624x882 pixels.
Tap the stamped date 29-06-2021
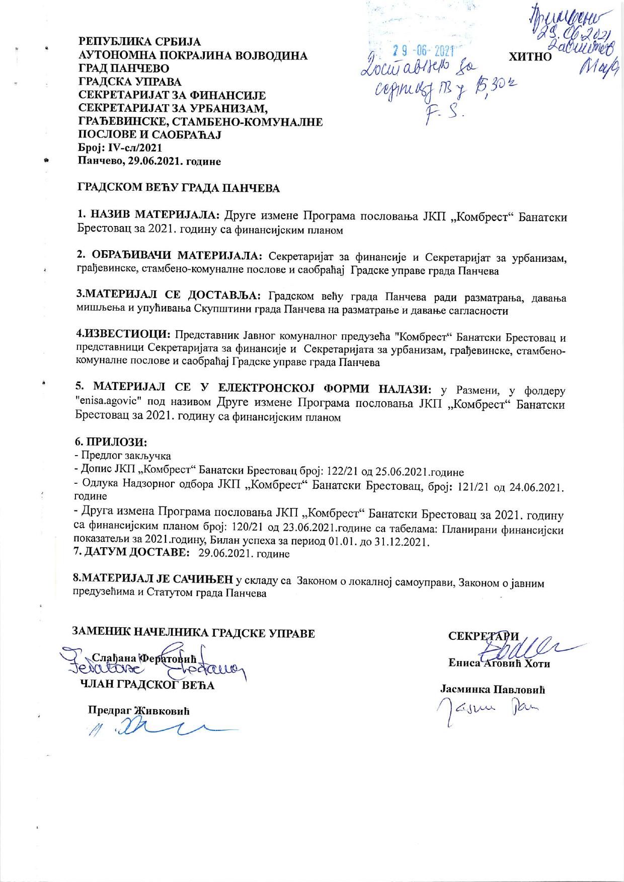click(423, 50)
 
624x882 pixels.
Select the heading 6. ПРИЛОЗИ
click(111, 442)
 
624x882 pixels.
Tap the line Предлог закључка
click(125, 456)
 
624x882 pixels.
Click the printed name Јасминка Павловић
click(493, 690)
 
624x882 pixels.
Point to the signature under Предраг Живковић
click(151, 728)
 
